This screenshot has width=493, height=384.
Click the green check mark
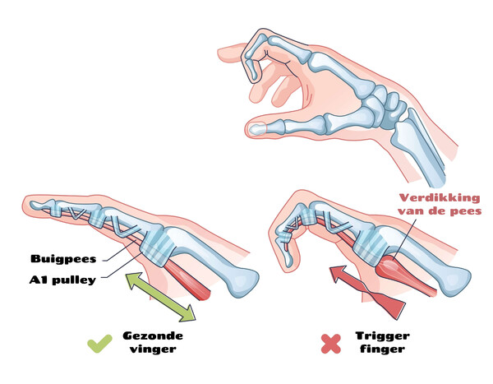[99, 344]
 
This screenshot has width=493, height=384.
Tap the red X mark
[331, 344]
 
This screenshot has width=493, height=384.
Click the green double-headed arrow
[160, 297]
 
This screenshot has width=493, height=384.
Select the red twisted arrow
[368, 292]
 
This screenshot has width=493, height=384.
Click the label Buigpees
[63, 259]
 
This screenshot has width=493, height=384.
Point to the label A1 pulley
[62, 280]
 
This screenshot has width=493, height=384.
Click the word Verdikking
[440, 198]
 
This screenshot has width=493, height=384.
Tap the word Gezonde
[153, 335]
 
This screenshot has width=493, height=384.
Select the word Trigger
[382, 336]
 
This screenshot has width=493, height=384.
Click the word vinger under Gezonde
[153, 349]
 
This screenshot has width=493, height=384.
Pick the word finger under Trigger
[382, 349]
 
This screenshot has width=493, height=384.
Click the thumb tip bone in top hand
[258, 128]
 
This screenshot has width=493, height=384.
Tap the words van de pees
[440, 211]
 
